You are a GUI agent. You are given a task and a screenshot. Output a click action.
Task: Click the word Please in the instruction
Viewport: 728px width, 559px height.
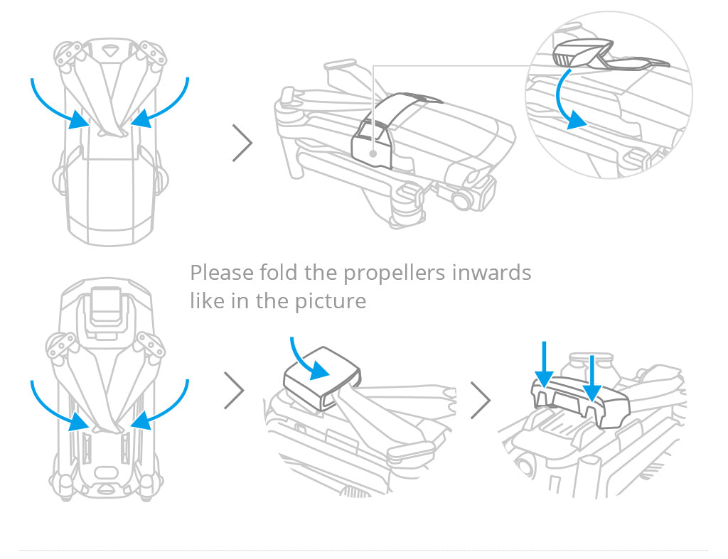click(222, 273)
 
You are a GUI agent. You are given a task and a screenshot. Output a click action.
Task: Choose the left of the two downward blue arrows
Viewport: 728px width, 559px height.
click(544, 364)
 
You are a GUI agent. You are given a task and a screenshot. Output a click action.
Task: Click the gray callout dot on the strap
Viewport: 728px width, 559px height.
click(373, 153)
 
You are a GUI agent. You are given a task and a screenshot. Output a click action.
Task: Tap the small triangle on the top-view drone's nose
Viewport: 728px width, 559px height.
click(109, 50)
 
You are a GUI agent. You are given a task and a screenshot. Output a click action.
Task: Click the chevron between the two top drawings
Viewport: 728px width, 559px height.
click(242, 143)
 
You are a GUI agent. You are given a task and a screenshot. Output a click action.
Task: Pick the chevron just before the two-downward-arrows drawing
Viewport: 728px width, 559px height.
click(481, 401)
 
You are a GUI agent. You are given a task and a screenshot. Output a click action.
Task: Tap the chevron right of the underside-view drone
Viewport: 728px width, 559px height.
click(234, 391)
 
